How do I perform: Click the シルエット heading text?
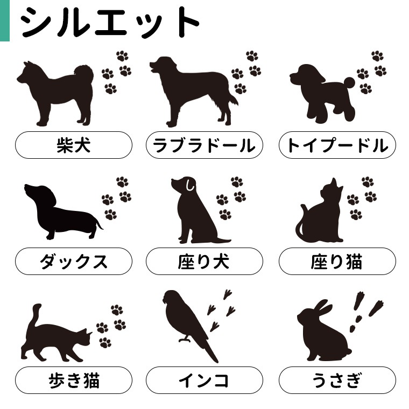(110, 22)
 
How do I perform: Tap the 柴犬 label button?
(74, 145)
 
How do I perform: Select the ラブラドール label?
(204, 145)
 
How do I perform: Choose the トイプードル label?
(337, 145)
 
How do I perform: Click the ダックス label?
(74, 262)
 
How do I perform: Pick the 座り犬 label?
(204, 262)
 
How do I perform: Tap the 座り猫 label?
(337, 262)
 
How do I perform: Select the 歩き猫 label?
(74, 380)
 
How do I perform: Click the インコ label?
(204, 380)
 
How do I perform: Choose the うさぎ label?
(337, 380)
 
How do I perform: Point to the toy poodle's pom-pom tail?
(349, 82)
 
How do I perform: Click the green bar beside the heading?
(5, 20)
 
